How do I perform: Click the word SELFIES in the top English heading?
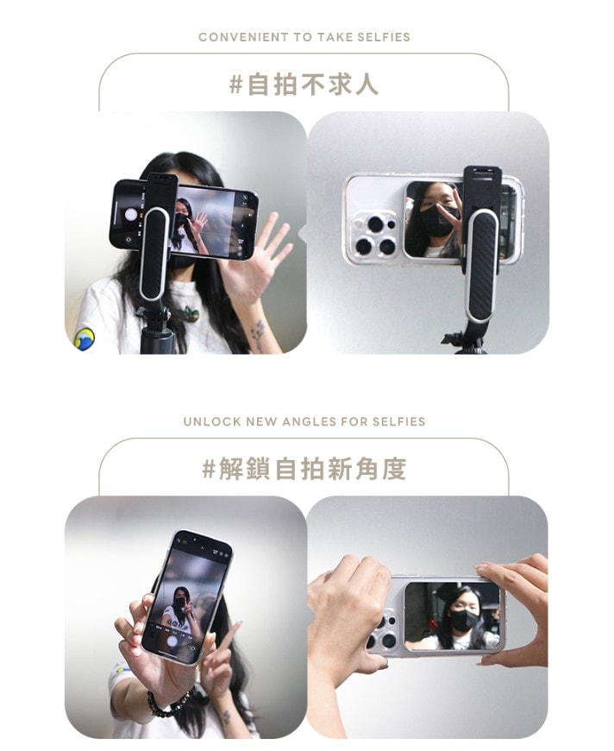[x=384, y=37]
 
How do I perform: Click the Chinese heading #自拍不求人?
[x=304, y=85]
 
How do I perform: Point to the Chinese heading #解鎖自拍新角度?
[x=304, y=469]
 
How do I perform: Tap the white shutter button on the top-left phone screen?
[x=131, y=214]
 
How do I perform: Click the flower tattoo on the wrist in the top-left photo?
[x=258, y=334]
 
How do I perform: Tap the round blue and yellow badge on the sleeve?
[x=85, y=338]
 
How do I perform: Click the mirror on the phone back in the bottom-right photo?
[x=452, y=616]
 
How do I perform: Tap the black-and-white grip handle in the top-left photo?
[x=153, y=254]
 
